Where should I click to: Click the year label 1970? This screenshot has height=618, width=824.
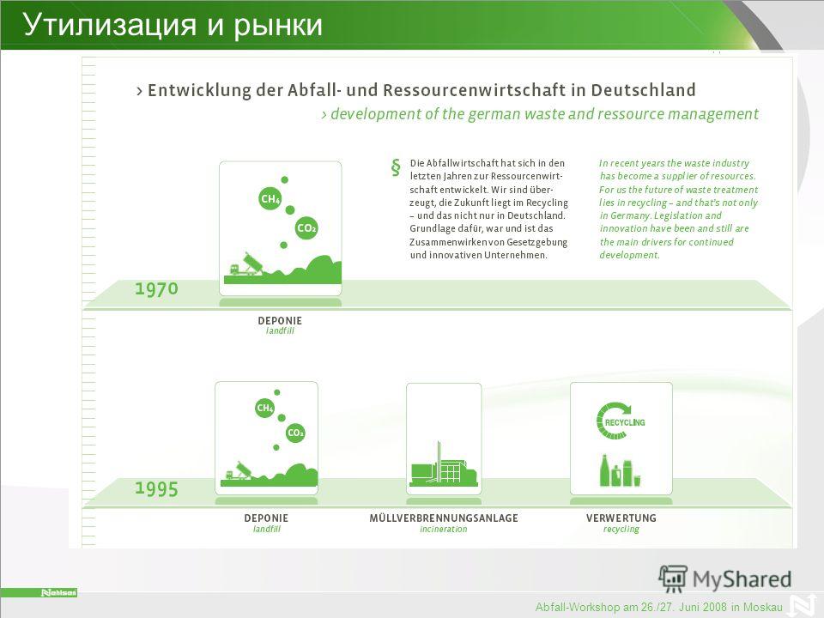tap(156, 288)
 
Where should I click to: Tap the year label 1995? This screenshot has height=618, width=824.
tap(156, 488)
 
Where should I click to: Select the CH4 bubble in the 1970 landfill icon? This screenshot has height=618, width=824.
tap(270, 198)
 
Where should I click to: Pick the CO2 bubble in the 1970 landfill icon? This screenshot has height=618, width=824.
tap(306, 228)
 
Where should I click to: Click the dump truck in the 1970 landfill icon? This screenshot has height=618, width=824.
tap(243, 264)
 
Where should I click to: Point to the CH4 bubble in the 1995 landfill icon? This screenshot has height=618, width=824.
tap(265, 408)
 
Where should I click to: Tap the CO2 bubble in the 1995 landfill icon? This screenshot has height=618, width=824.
tap(295, 433)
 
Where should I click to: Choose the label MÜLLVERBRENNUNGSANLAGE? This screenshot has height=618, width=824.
tap(444, 518)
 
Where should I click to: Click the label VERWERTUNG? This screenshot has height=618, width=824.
tap(621, 518)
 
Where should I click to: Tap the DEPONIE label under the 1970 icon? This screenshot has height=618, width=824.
tap(280, 320)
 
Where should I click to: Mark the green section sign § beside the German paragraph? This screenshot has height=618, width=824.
tap(396, 167)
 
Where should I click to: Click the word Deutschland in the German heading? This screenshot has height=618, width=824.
tap(643, 90)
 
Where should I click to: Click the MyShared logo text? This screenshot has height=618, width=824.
tap(742, 579)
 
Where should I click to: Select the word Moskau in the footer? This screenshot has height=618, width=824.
tap(762, 608)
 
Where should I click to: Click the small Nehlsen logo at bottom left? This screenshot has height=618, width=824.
tap(59, 593)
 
